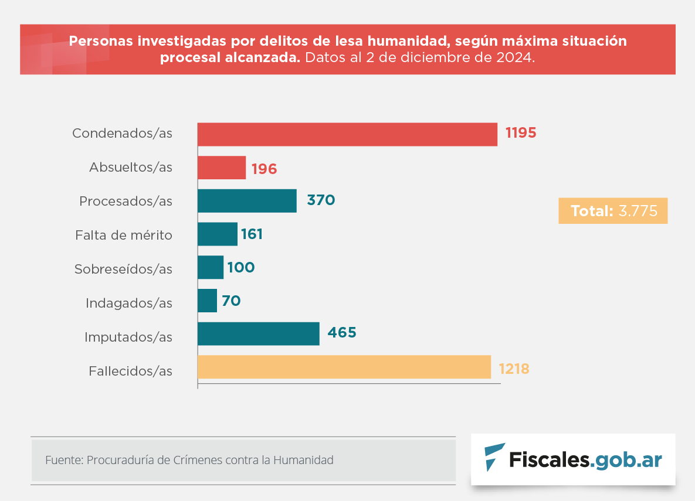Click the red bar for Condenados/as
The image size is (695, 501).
(x=347, y=134)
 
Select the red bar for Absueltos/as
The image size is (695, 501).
(x=222, y=168)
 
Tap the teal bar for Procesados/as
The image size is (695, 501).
(x=247, y=201)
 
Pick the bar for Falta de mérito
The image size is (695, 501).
(x=218, y=234)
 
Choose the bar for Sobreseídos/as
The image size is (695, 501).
(x=211, y=268)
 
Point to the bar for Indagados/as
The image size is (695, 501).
(x=207, y=301)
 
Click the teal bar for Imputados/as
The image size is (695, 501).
(x=259, y=334)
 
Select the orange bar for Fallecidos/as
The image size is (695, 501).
(x=344, y=367)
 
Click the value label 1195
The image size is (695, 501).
(x=521, y=133)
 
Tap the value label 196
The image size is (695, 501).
(x=264, y=169)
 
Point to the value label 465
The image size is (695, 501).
(x=342, y=333)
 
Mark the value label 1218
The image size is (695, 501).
(x=514, y=369)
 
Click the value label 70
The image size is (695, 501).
(x=231, y=301)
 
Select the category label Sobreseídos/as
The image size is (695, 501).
(x=123, y=270)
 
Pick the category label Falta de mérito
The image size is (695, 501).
(x=124, y=236)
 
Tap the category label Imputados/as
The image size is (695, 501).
(x=128, y=338)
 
